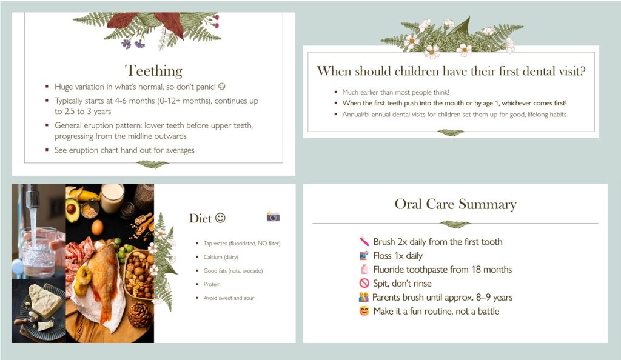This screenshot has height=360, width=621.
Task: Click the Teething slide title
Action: (153, 71)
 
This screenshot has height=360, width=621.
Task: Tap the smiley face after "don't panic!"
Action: (222, 86)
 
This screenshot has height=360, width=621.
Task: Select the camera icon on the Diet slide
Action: (273, 216)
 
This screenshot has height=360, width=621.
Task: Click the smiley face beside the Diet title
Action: (220, 218)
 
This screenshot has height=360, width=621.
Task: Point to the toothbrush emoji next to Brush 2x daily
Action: (364, 241)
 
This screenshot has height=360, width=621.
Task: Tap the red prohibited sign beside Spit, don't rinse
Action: (364, 283)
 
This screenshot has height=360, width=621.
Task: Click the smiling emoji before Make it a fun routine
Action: (364, 311)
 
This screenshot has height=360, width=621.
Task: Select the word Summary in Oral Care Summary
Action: (488, 204)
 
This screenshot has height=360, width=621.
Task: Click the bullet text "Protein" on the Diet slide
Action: (212, 284)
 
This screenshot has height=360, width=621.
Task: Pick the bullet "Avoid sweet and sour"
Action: (229, 298)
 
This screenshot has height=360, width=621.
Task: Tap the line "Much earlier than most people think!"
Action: (395, 92)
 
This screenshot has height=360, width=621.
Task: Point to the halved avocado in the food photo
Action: (73, 210)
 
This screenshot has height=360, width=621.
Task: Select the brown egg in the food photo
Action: (97, 227)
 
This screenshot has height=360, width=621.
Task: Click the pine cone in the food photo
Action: (139, 315)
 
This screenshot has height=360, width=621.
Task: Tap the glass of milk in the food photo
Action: (112, 198)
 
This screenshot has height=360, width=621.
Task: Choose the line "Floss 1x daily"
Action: (398, 256)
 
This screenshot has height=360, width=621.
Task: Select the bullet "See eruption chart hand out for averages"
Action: (124, 150)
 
